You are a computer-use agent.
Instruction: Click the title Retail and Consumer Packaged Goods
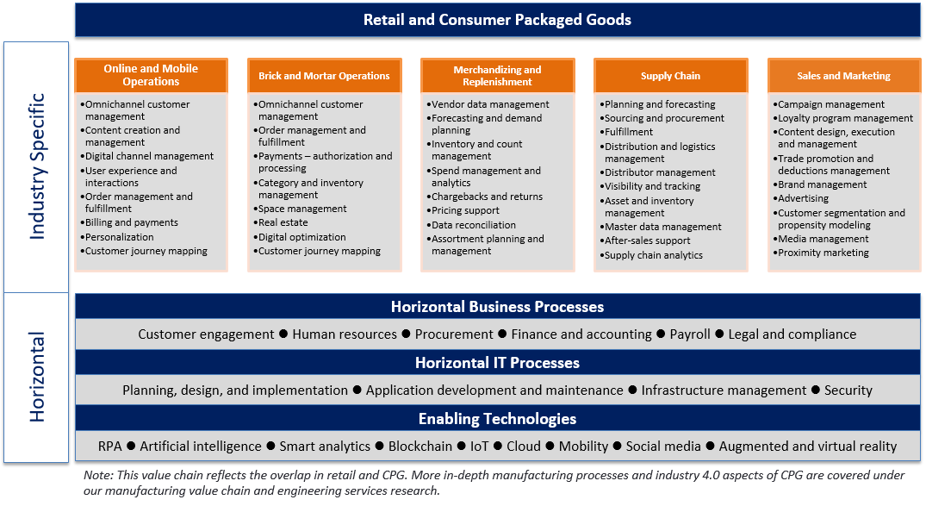[x=497, y=20]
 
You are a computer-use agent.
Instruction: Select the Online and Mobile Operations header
[x=151, y=75]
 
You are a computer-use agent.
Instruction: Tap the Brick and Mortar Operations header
[x=324, y=76]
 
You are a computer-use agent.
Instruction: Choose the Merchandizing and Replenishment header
[x=497, y=76]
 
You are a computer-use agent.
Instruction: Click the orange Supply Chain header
[x=670, y=76]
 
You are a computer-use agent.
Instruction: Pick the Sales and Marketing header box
[x=843, y=76]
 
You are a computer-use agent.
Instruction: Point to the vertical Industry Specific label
[x=37, y=167]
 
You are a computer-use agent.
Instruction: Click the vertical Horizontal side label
[x=37, y=377]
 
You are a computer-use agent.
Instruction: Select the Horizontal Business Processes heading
[x=497, y=307]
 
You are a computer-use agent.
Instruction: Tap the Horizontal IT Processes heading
[x=497, y=363]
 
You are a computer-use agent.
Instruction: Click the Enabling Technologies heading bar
[x=497, y=419]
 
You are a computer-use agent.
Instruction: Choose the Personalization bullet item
[x=120, y=237]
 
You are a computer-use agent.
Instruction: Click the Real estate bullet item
[x=283, y=222]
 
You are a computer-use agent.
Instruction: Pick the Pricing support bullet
[x=465, y=210]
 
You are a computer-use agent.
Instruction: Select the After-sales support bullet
[x=647, y=241]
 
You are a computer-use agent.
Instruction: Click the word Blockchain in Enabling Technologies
[x=419, y=447]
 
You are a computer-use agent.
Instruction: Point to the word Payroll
[x=690, y=334]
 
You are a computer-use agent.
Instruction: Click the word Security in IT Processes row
[x=848, y=390]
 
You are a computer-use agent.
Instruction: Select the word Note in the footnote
[x=96, y=476]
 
